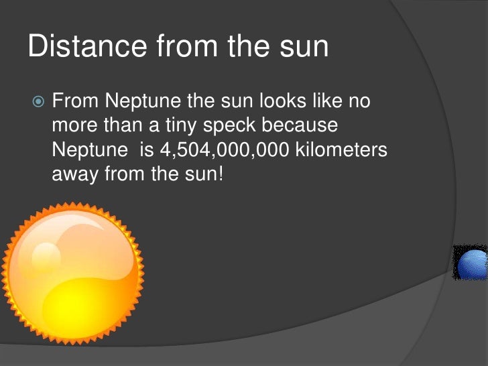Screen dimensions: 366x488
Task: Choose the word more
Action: (x=75, y=127)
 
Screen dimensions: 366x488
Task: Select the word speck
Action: (x=241, y=127)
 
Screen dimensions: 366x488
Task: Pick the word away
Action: (x=74, y=175)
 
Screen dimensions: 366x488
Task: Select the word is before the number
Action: (x=146, y=151)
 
